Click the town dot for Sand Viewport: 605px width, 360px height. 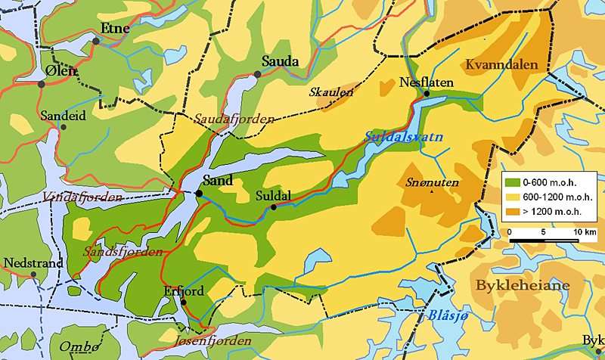tap(199, 194)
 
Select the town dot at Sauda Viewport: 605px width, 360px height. tap(258, 74)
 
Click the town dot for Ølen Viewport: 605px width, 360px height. tap(42, 84)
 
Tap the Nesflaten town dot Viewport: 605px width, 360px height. tap(427, 94)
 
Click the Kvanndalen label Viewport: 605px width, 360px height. tap(502, 65)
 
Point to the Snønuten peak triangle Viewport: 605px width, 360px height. tap(432, 192)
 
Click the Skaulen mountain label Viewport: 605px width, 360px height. tap(331, 92)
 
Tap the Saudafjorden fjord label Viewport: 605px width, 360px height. tap(226, 119)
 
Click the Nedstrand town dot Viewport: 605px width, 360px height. tap(34, 275)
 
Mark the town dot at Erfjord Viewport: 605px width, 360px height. tap(183, 303)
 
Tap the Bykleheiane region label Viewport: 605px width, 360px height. tap(522, 285)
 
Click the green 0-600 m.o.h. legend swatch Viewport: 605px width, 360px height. tap(512, 182)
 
